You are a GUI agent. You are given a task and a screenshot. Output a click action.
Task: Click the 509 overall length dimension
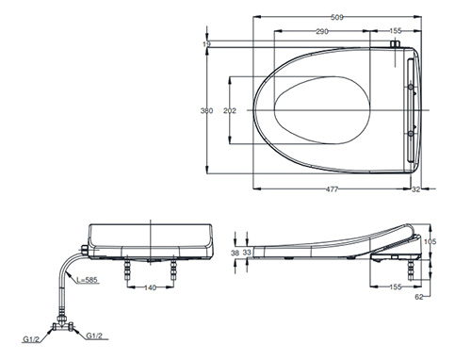coord(337,18)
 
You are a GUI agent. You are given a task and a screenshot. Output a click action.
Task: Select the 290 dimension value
coord(322,31)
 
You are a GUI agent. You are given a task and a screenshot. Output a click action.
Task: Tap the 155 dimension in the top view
coord(396,31)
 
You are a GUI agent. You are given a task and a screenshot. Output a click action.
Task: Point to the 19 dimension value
coord(206,44)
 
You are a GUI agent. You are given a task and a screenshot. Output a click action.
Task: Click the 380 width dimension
coord(206,110)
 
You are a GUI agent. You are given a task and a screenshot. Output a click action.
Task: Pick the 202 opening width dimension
coord(230,110)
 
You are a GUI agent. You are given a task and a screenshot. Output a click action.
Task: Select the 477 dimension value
coord(332,189)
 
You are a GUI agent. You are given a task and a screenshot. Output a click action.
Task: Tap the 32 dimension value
coord(415,189)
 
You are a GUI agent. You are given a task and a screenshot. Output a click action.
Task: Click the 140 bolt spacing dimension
coord(150,287)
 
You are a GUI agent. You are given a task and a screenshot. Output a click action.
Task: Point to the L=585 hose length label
coord(88,280)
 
